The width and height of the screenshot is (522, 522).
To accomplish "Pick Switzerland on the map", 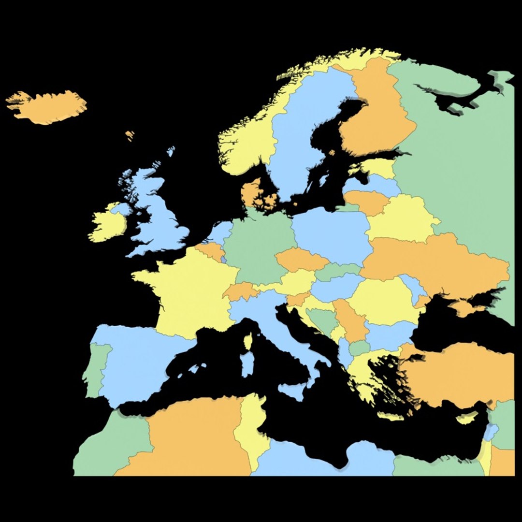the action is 240,291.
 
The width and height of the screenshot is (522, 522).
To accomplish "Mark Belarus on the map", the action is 401,217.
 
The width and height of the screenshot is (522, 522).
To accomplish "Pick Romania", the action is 382,300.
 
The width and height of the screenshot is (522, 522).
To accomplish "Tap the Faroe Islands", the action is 130,135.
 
